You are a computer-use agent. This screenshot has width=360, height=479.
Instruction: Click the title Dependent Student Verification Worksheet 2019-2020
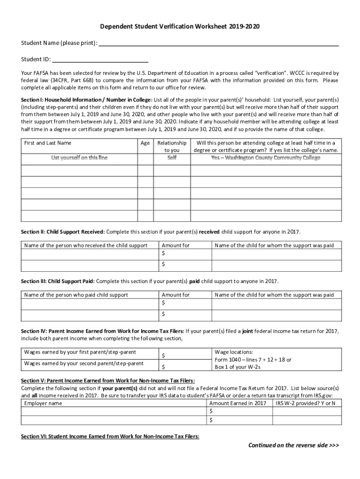180,27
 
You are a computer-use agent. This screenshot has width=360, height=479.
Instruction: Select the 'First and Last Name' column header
48,143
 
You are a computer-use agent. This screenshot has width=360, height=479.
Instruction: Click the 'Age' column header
145,143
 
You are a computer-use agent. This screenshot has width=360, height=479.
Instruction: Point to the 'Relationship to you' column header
172,146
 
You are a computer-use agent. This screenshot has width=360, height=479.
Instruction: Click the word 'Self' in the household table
172,158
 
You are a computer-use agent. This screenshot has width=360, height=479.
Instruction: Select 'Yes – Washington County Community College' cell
266,158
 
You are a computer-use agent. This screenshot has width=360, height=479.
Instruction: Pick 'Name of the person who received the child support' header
86,245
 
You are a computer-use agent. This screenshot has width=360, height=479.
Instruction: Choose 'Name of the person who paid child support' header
76,295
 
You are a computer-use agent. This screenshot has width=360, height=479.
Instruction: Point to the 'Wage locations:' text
233,352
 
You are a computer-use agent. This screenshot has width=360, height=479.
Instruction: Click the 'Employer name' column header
43,403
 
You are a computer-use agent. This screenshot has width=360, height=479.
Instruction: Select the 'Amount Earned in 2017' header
238,403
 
